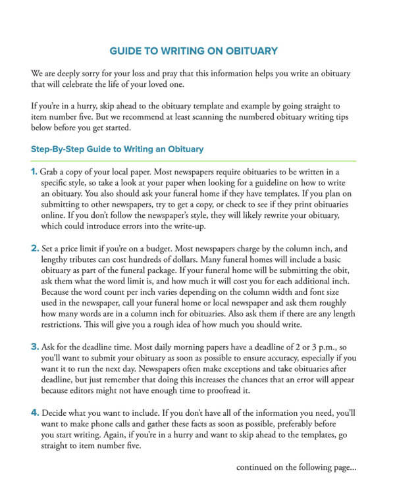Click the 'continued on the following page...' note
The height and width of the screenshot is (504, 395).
coord(296,468)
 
